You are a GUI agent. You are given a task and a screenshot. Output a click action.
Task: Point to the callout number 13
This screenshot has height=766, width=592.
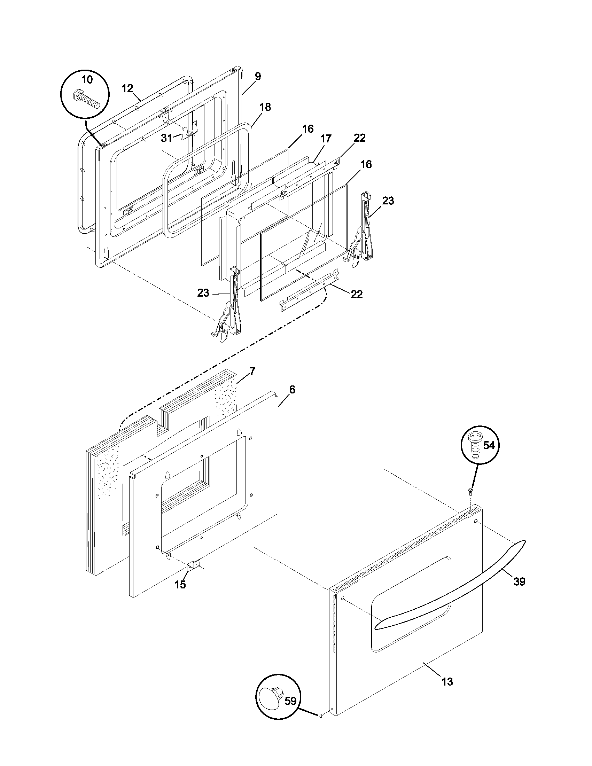coord(447,682)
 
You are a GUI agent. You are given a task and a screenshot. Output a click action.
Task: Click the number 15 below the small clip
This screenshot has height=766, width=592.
coord(180,585)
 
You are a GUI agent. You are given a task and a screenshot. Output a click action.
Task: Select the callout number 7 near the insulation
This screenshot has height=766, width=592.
coord(253,371)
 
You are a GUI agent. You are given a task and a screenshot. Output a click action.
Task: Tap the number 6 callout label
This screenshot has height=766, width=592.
coord(292,389)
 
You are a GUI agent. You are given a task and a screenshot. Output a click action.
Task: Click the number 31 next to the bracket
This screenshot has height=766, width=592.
coord(166,138)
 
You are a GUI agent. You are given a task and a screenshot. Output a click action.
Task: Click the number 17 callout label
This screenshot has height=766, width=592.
coord(326,139)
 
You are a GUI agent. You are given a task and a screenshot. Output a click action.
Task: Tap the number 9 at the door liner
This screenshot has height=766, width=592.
coord(258,77)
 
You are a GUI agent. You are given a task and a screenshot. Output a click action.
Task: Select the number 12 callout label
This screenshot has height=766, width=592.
coord(128,88)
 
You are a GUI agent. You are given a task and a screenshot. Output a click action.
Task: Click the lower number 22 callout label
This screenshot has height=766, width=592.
coord(357,294)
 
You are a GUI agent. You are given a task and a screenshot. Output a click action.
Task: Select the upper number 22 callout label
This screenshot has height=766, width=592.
coord(360,138)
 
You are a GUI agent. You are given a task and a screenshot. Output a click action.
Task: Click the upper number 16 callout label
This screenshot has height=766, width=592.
coord(308,129)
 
